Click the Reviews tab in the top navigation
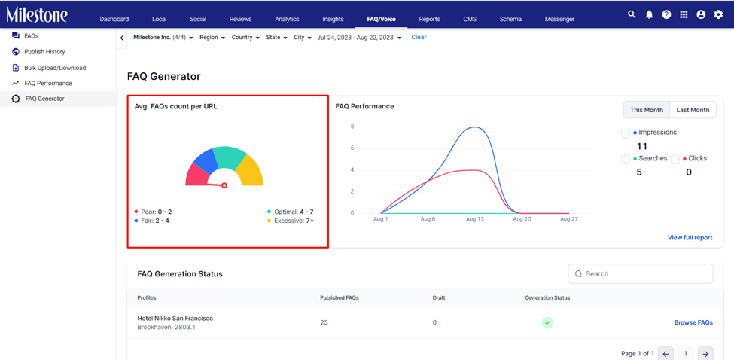coord(240,19)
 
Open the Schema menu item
coord(510,19)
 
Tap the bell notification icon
coord(649,14)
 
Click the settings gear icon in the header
coord(718,14)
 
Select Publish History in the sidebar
coord(44,52)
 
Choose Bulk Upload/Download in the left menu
coord(55,68)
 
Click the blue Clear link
coord(419,37)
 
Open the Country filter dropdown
coord(245,38)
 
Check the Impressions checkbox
coord(626,134)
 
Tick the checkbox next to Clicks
coord(675,160)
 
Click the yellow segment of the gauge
coord(249,170)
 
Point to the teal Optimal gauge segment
coord(230,157)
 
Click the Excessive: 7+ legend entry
coord(291,221)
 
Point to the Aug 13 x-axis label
coord(475,219)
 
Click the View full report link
coord(690,238)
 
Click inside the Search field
coord(641,274)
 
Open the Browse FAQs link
coord(693,322)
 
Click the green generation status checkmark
coord(547,322)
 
